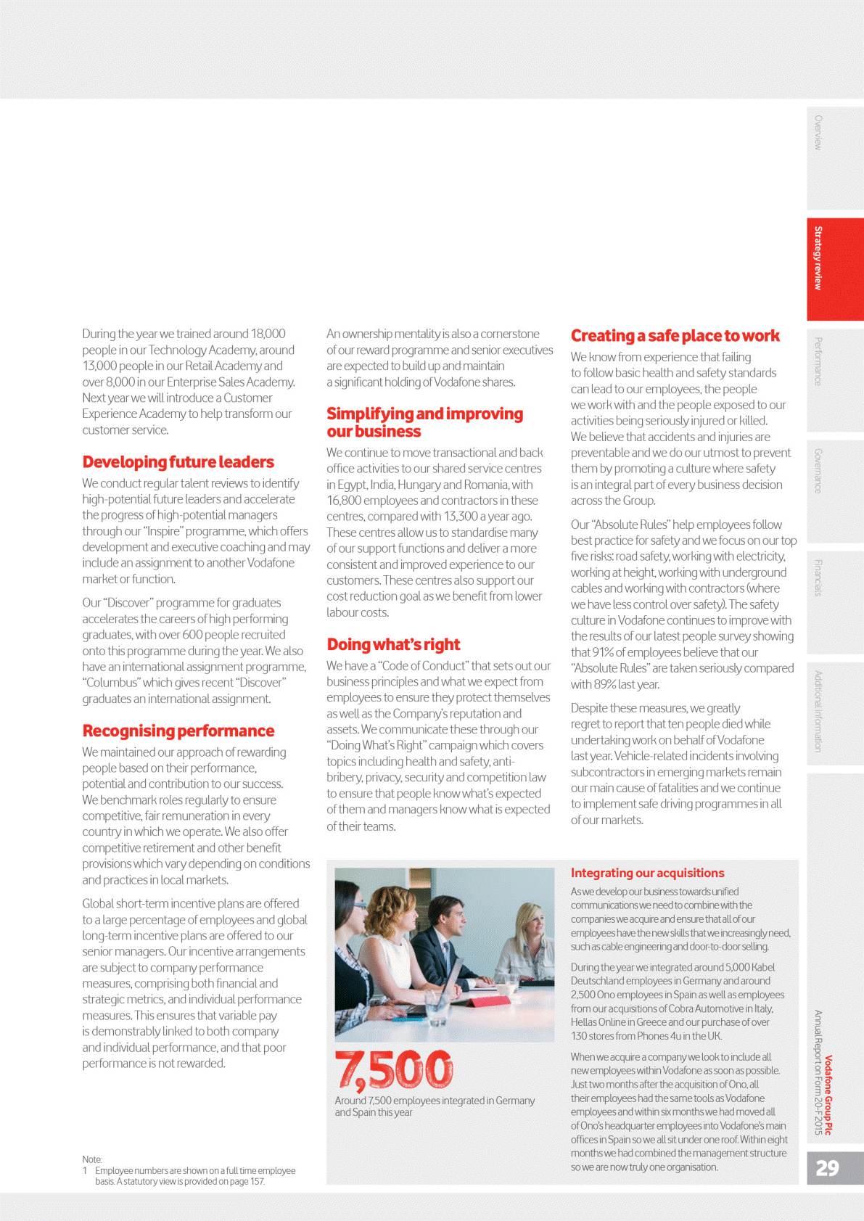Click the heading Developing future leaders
tap(178, 462)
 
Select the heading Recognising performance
tap(178, 731)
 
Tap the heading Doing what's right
tap(393, 644)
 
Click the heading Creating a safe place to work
tap(675, 335)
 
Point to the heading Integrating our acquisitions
tap(647, 873)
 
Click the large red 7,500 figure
tap(394, 1070)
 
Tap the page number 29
tap(827, 1168)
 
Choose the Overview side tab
tap(818, 133)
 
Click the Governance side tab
tap(818, 471)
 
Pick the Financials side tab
tap(818, 577)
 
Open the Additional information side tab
tap(818, 711)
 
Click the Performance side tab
tap(818, 361)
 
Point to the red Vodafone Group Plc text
tap(828, 1095)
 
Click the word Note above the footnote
tap(92, 1159)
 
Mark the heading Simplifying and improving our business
tap(424, 422)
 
